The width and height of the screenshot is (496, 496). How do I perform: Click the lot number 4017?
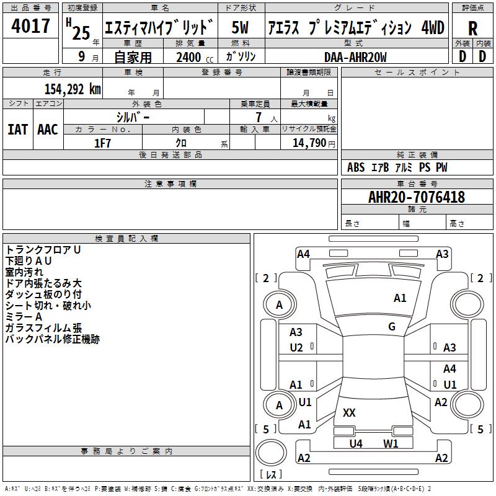31,27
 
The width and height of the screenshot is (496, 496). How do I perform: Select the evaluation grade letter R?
472,28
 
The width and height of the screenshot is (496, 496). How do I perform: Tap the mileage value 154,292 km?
73,89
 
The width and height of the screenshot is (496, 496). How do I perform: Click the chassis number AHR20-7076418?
416,197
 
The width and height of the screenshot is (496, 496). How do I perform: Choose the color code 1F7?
102,143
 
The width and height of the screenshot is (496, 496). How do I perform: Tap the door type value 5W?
240,28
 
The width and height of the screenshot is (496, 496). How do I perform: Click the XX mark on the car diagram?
349,412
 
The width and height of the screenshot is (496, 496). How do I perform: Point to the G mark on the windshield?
392,326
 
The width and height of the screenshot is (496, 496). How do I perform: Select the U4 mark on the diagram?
355,443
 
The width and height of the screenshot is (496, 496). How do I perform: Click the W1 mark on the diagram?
390,443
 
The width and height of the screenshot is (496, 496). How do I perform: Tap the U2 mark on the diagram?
296,347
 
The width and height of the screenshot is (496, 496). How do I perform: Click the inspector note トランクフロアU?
43,250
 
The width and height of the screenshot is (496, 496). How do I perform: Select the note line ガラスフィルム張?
43,328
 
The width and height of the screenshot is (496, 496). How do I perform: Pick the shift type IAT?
17,130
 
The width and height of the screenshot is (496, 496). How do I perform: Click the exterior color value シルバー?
133,117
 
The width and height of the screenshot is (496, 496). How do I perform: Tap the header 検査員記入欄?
126,238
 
